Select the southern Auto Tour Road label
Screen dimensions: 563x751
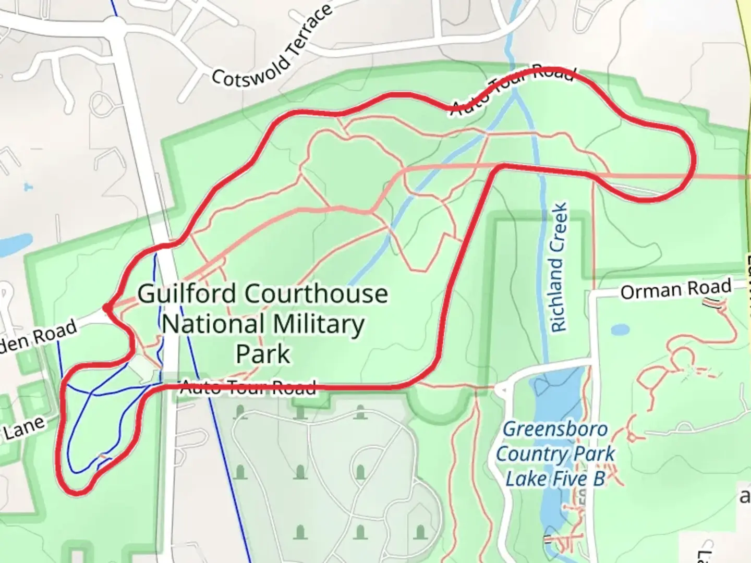[248, 387]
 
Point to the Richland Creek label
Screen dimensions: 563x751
[559, 267]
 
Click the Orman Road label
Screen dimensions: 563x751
[675, 289]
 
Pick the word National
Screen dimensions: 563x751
[212, 325]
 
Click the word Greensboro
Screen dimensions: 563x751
[555, 430]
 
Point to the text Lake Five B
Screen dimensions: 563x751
[555, 479]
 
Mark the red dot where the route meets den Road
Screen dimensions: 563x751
[107, 309]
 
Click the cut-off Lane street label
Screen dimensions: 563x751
[23, 428]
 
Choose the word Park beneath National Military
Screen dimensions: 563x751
[263, 354]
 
